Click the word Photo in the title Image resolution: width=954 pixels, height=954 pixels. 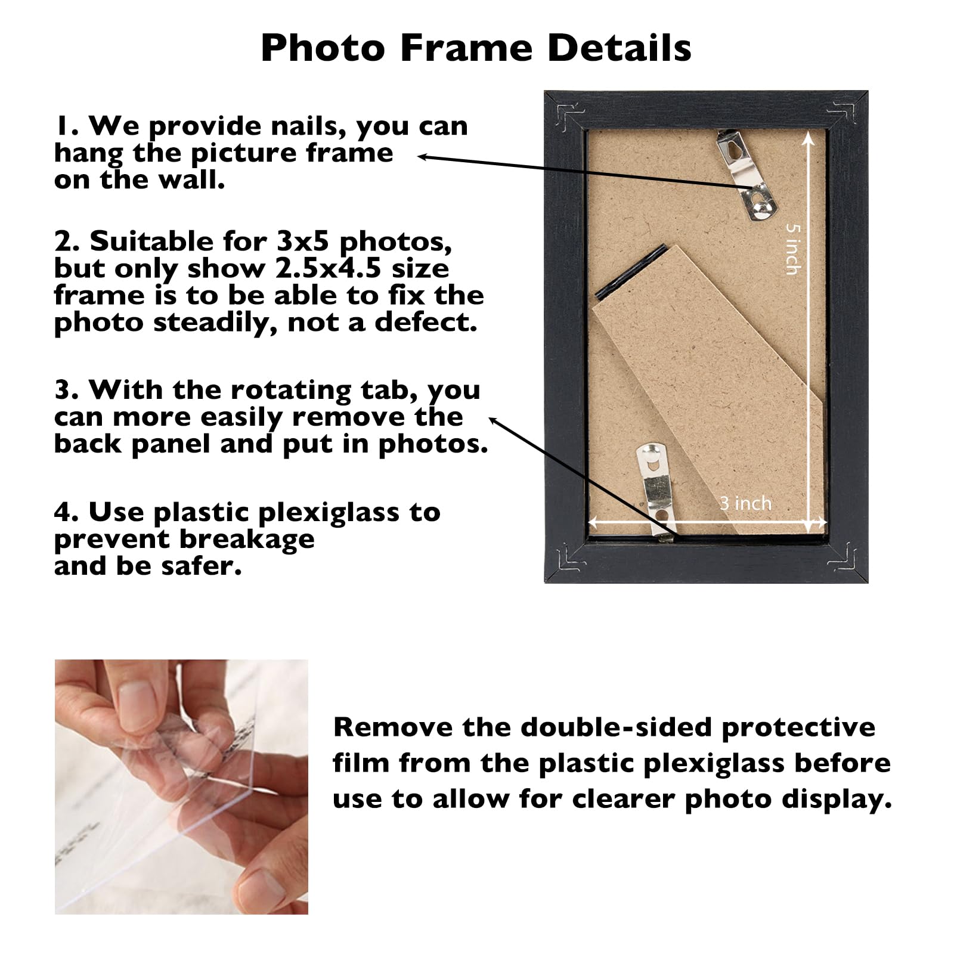coord(323,48)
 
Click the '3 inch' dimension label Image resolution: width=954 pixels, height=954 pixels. coord(745,503)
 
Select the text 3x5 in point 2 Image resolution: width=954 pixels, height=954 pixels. coord(304,241)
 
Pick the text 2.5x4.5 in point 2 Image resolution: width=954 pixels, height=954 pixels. coord(328,268)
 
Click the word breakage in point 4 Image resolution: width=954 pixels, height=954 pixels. coord(247,539)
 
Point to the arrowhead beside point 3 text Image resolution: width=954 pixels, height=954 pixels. coord(493,420)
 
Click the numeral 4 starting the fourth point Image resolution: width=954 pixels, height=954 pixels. coord(63,512)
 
